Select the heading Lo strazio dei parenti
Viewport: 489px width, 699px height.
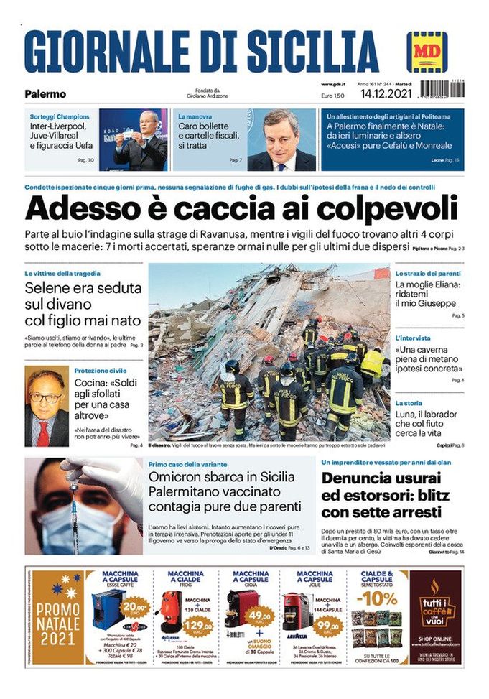tap(429, 274)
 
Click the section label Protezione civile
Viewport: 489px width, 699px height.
tap(100, 370)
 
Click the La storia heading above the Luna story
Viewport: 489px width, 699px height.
tap(409, 404)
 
